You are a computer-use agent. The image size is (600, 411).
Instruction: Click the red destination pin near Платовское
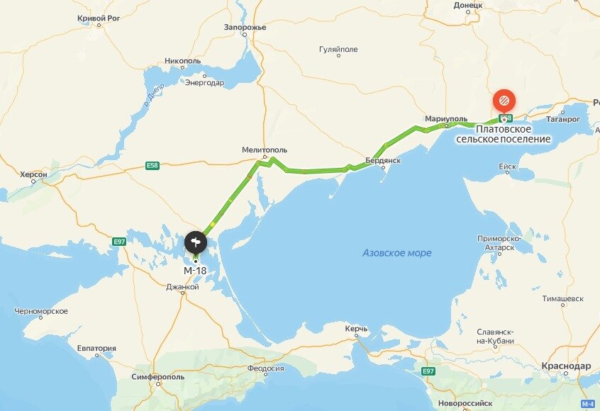coord(504,99)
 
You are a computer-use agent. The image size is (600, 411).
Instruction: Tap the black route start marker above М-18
coord(196,243)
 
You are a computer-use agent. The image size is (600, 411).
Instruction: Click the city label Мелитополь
coord(265,150)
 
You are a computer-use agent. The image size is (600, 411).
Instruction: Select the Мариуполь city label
coord(446,118)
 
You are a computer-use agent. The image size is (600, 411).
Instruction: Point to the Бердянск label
coord(383,161)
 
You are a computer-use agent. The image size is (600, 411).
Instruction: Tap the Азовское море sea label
coord(396,253)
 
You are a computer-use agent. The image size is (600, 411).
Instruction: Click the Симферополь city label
coord(157,377)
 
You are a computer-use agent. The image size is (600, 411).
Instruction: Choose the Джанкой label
coord(183,287)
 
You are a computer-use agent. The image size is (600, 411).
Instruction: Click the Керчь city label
coord(356,330)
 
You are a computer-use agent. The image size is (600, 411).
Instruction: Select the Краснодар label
coord(565,366)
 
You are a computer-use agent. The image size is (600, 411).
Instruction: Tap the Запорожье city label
coord(245,27)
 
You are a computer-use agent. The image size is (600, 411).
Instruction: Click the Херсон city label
coord(34,174)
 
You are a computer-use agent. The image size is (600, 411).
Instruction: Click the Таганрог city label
coord(563,120)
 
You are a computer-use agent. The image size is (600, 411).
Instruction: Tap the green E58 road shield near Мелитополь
coord(152,166)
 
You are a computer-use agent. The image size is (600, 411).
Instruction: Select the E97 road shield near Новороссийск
coord(428,371)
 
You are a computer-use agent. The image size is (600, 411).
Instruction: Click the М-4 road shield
coord(587,404)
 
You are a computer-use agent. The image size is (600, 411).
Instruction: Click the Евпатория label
coord(96,348)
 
